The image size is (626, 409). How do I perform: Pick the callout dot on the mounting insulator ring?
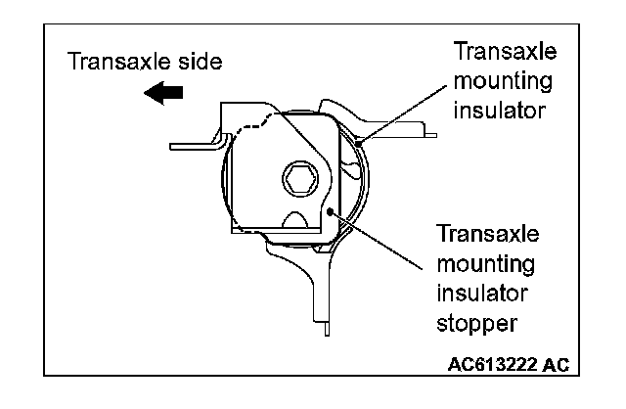click(x=358, y=145)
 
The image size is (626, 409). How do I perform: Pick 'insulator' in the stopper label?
click(x=481, y=292)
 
